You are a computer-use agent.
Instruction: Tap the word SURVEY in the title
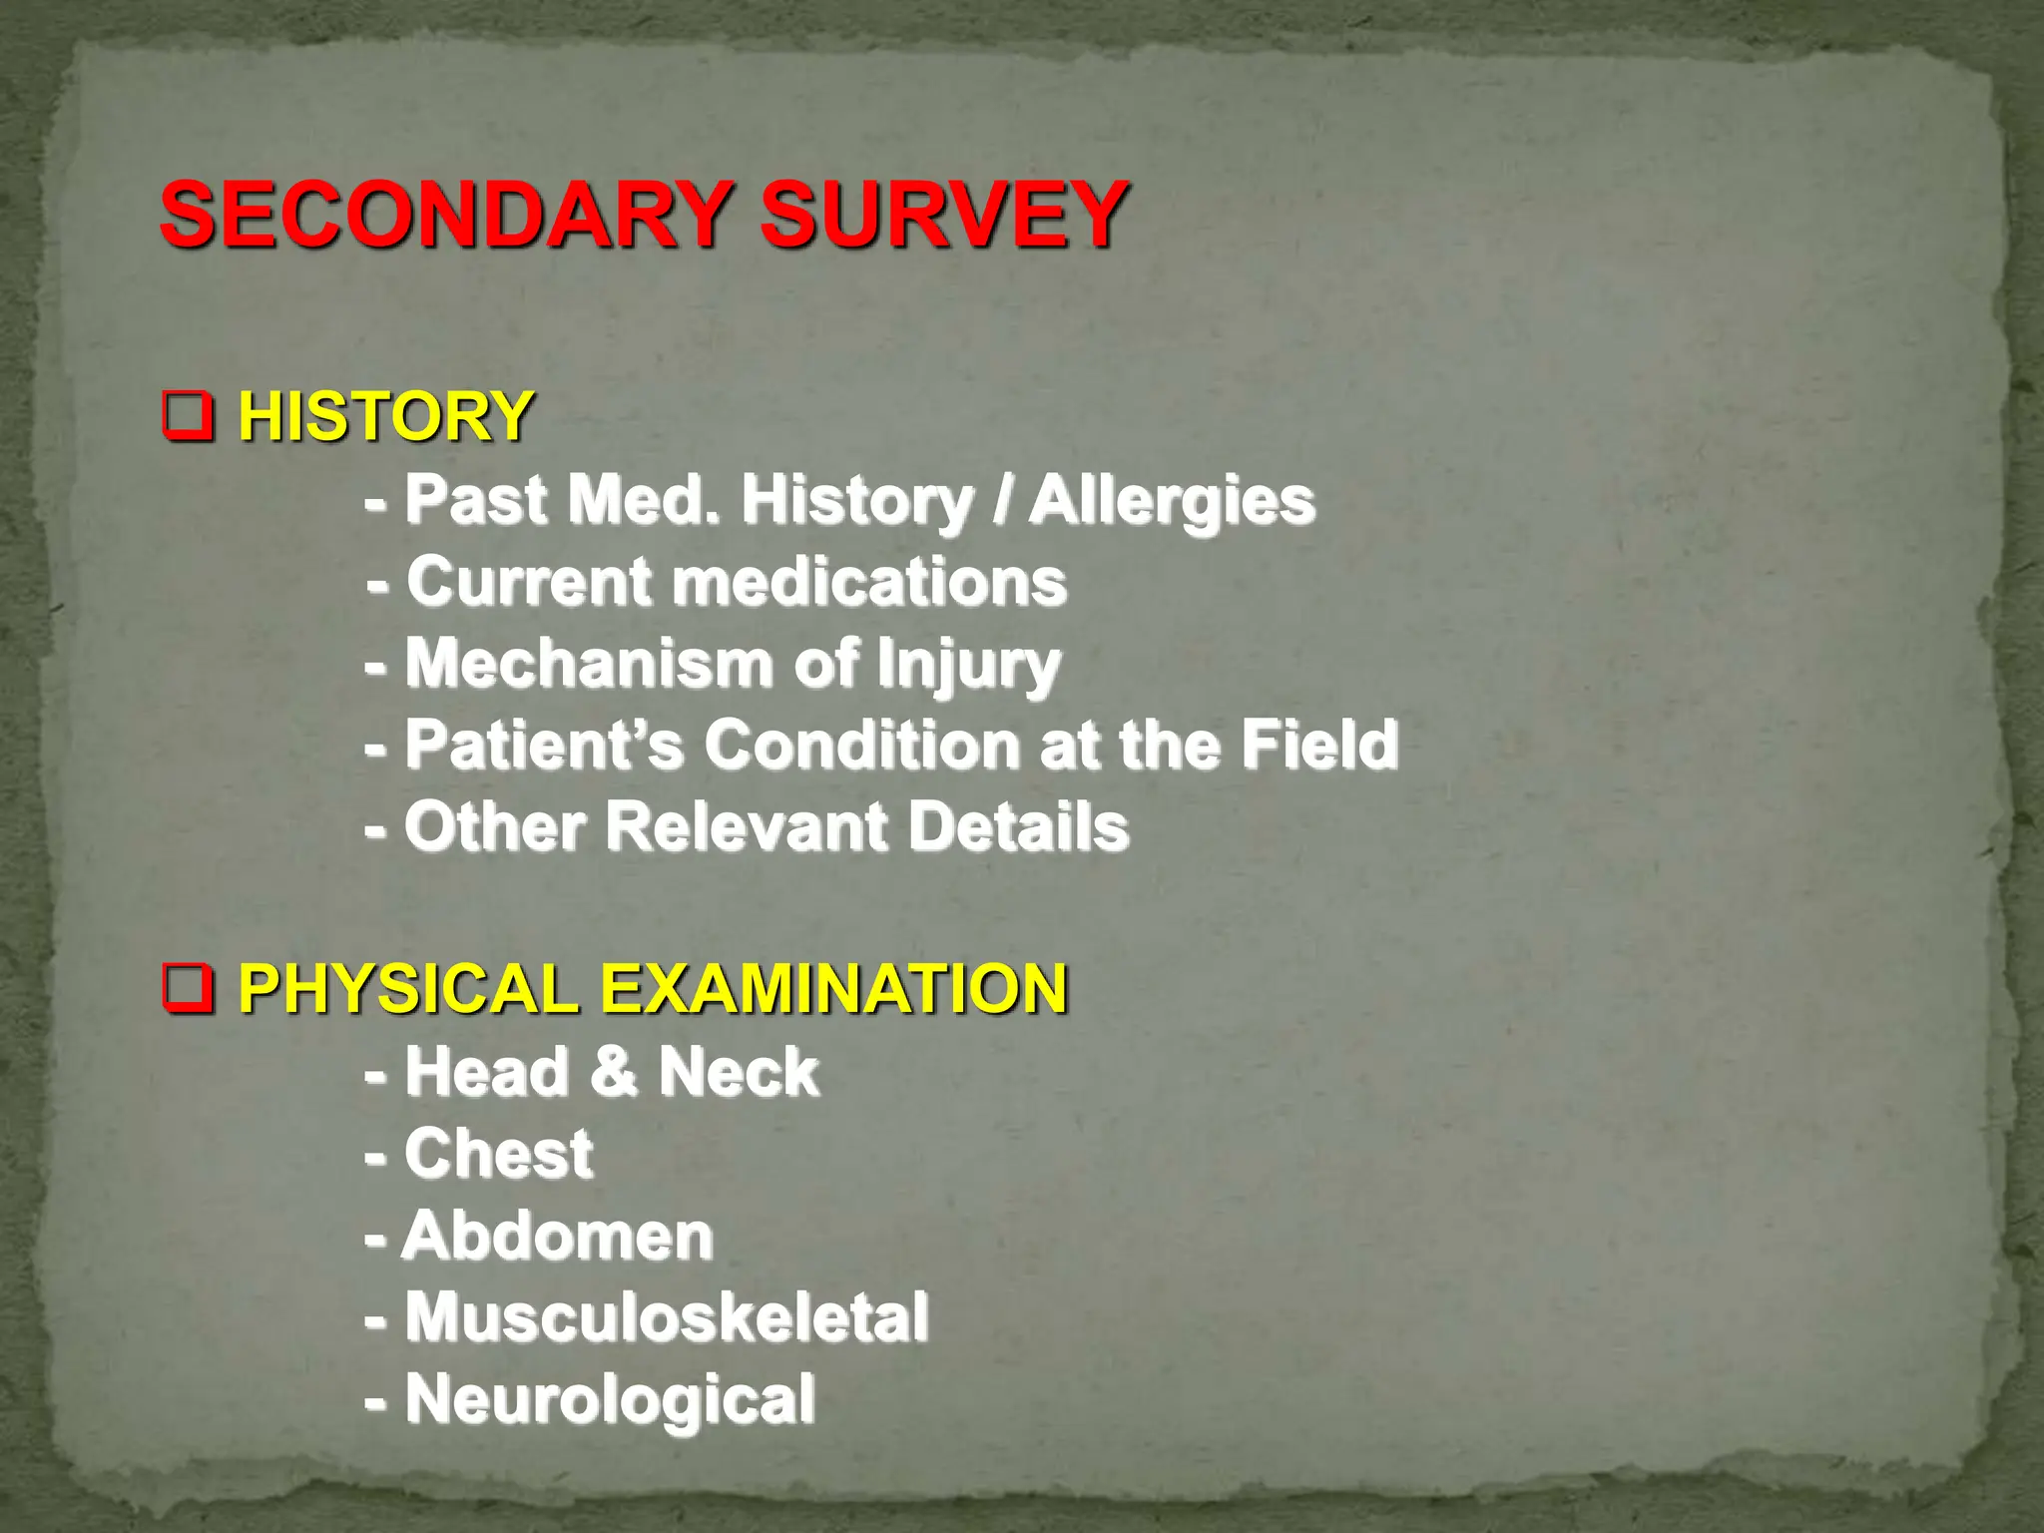[944, 214]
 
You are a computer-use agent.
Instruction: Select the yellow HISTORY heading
[385, 416]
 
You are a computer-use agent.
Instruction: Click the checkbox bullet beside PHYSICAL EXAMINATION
[188, 989]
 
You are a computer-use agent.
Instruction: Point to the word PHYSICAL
[409, 989]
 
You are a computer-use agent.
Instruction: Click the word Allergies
[1173, 500]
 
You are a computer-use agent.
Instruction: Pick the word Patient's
[545, 745]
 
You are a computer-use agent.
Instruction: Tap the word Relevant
[747, 827]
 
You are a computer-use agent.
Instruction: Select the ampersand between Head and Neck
[613, 1072]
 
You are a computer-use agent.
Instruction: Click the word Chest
[499, 1155]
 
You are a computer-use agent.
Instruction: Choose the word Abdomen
[557, 1237]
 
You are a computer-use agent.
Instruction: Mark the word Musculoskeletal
[667, 1317]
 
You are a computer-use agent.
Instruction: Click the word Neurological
[610, 1400]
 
